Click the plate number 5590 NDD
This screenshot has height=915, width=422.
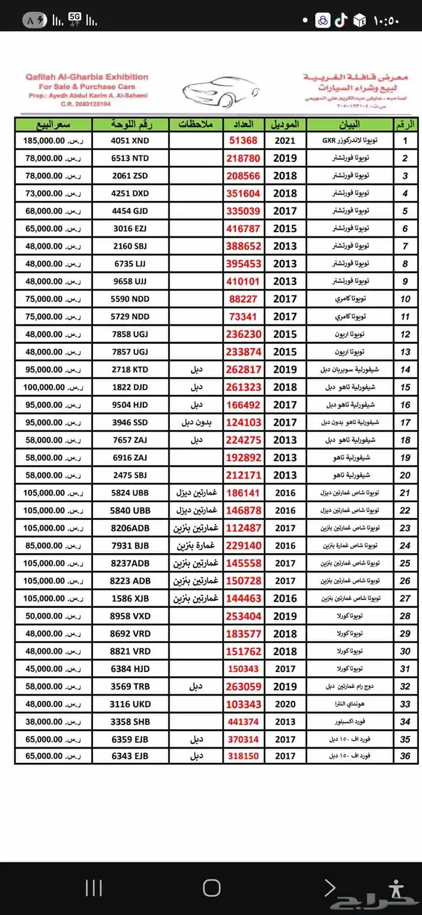coord(130,299)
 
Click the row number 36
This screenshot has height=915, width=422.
coord(405,756)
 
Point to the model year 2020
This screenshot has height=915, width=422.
coord(285,704)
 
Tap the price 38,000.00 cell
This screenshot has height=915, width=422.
coord(43,721)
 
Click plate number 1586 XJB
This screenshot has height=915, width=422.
coord(130,598)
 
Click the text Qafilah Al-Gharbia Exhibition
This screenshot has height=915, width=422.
coord(87,77)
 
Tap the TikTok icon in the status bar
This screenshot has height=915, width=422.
coord(341,21)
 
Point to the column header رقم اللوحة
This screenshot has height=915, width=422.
coord(130,124)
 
